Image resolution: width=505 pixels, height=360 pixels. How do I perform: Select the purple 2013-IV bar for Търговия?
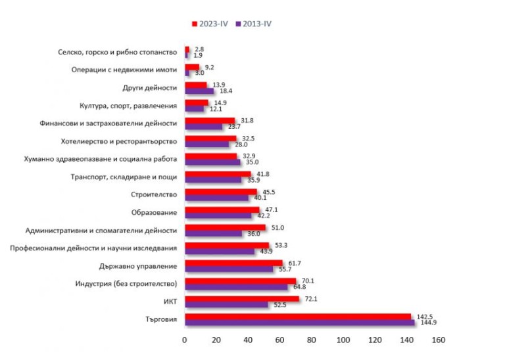point(299,323)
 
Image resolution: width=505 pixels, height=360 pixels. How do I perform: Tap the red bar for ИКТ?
point(242,299)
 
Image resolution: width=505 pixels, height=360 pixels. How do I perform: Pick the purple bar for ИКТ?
point(226,305)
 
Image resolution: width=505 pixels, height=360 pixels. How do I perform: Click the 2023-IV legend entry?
point(210,24)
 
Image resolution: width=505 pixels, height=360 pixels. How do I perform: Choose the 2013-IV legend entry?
point(252,24)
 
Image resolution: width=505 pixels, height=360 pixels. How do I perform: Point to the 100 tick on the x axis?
point(343,340)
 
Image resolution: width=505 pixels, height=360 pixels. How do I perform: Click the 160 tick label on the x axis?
point(439,340)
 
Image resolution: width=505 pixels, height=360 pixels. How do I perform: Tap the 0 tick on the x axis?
point(185,340)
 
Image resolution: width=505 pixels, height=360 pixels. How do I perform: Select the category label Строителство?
point(155,194)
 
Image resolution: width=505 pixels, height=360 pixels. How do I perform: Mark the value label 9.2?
point(210,67)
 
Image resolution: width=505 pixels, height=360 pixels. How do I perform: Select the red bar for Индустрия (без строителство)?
point(240,281)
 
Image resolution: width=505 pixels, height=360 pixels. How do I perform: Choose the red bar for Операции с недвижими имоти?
point(192,67)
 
